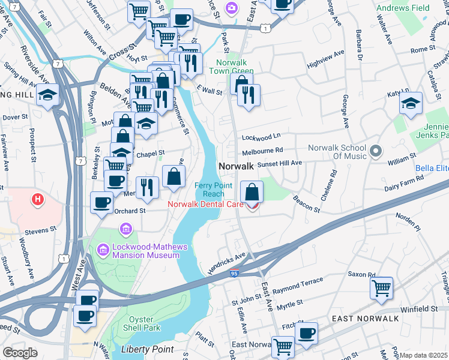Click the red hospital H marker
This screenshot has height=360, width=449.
click(38, 199)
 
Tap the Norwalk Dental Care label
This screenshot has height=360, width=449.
click(205, 204)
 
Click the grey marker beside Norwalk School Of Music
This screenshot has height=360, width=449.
click(376, 151)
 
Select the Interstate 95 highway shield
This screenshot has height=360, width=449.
click(235, 274)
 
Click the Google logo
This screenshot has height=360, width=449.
click(20, 353)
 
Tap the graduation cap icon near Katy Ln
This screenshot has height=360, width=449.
click(411, 103)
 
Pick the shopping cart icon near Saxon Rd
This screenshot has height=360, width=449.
click(381, 287)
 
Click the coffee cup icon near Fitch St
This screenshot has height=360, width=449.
click(306, 332)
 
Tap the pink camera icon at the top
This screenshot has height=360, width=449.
click(231, 8)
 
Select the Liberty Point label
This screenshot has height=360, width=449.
click(147, 349)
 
